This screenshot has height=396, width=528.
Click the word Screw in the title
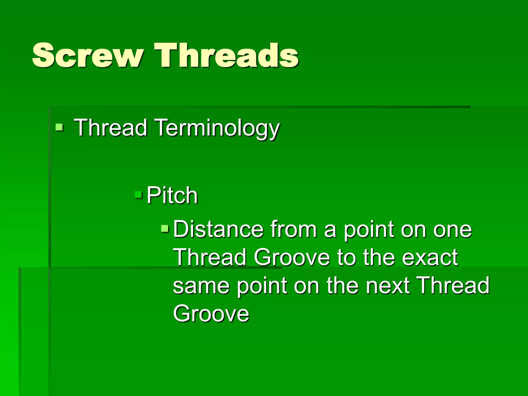click(88, 55)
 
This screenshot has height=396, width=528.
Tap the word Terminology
click(218, 128)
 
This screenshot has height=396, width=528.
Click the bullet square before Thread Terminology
click(59, 127)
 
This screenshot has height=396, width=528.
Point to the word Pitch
click(172, 196)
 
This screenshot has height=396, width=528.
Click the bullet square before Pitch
click(138, 195)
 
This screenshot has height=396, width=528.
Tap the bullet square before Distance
click(165, 228)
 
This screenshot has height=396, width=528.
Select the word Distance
click(218, 229)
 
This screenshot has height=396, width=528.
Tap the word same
click(201, 286)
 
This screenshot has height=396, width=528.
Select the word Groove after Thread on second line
click(292, 258)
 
